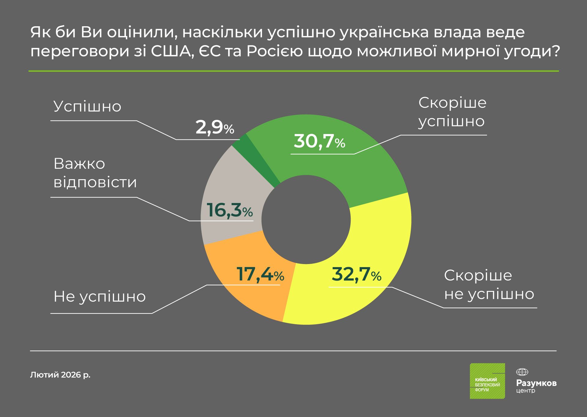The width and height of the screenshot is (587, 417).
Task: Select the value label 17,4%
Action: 260,274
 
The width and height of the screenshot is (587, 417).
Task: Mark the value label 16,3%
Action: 230,210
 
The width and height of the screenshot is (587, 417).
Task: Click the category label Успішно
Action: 87,107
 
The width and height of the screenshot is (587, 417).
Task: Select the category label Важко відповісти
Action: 95,173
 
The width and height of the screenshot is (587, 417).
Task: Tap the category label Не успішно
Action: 100,296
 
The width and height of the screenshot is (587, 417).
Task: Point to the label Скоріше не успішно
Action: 489,285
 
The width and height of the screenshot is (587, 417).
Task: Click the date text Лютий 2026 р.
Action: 60,375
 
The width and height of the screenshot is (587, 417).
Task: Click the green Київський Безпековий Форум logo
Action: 487,381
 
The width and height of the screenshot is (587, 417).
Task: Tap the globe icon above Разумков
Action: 522,372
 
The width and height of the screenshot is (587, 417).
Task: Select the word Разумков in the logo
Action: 536,383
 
